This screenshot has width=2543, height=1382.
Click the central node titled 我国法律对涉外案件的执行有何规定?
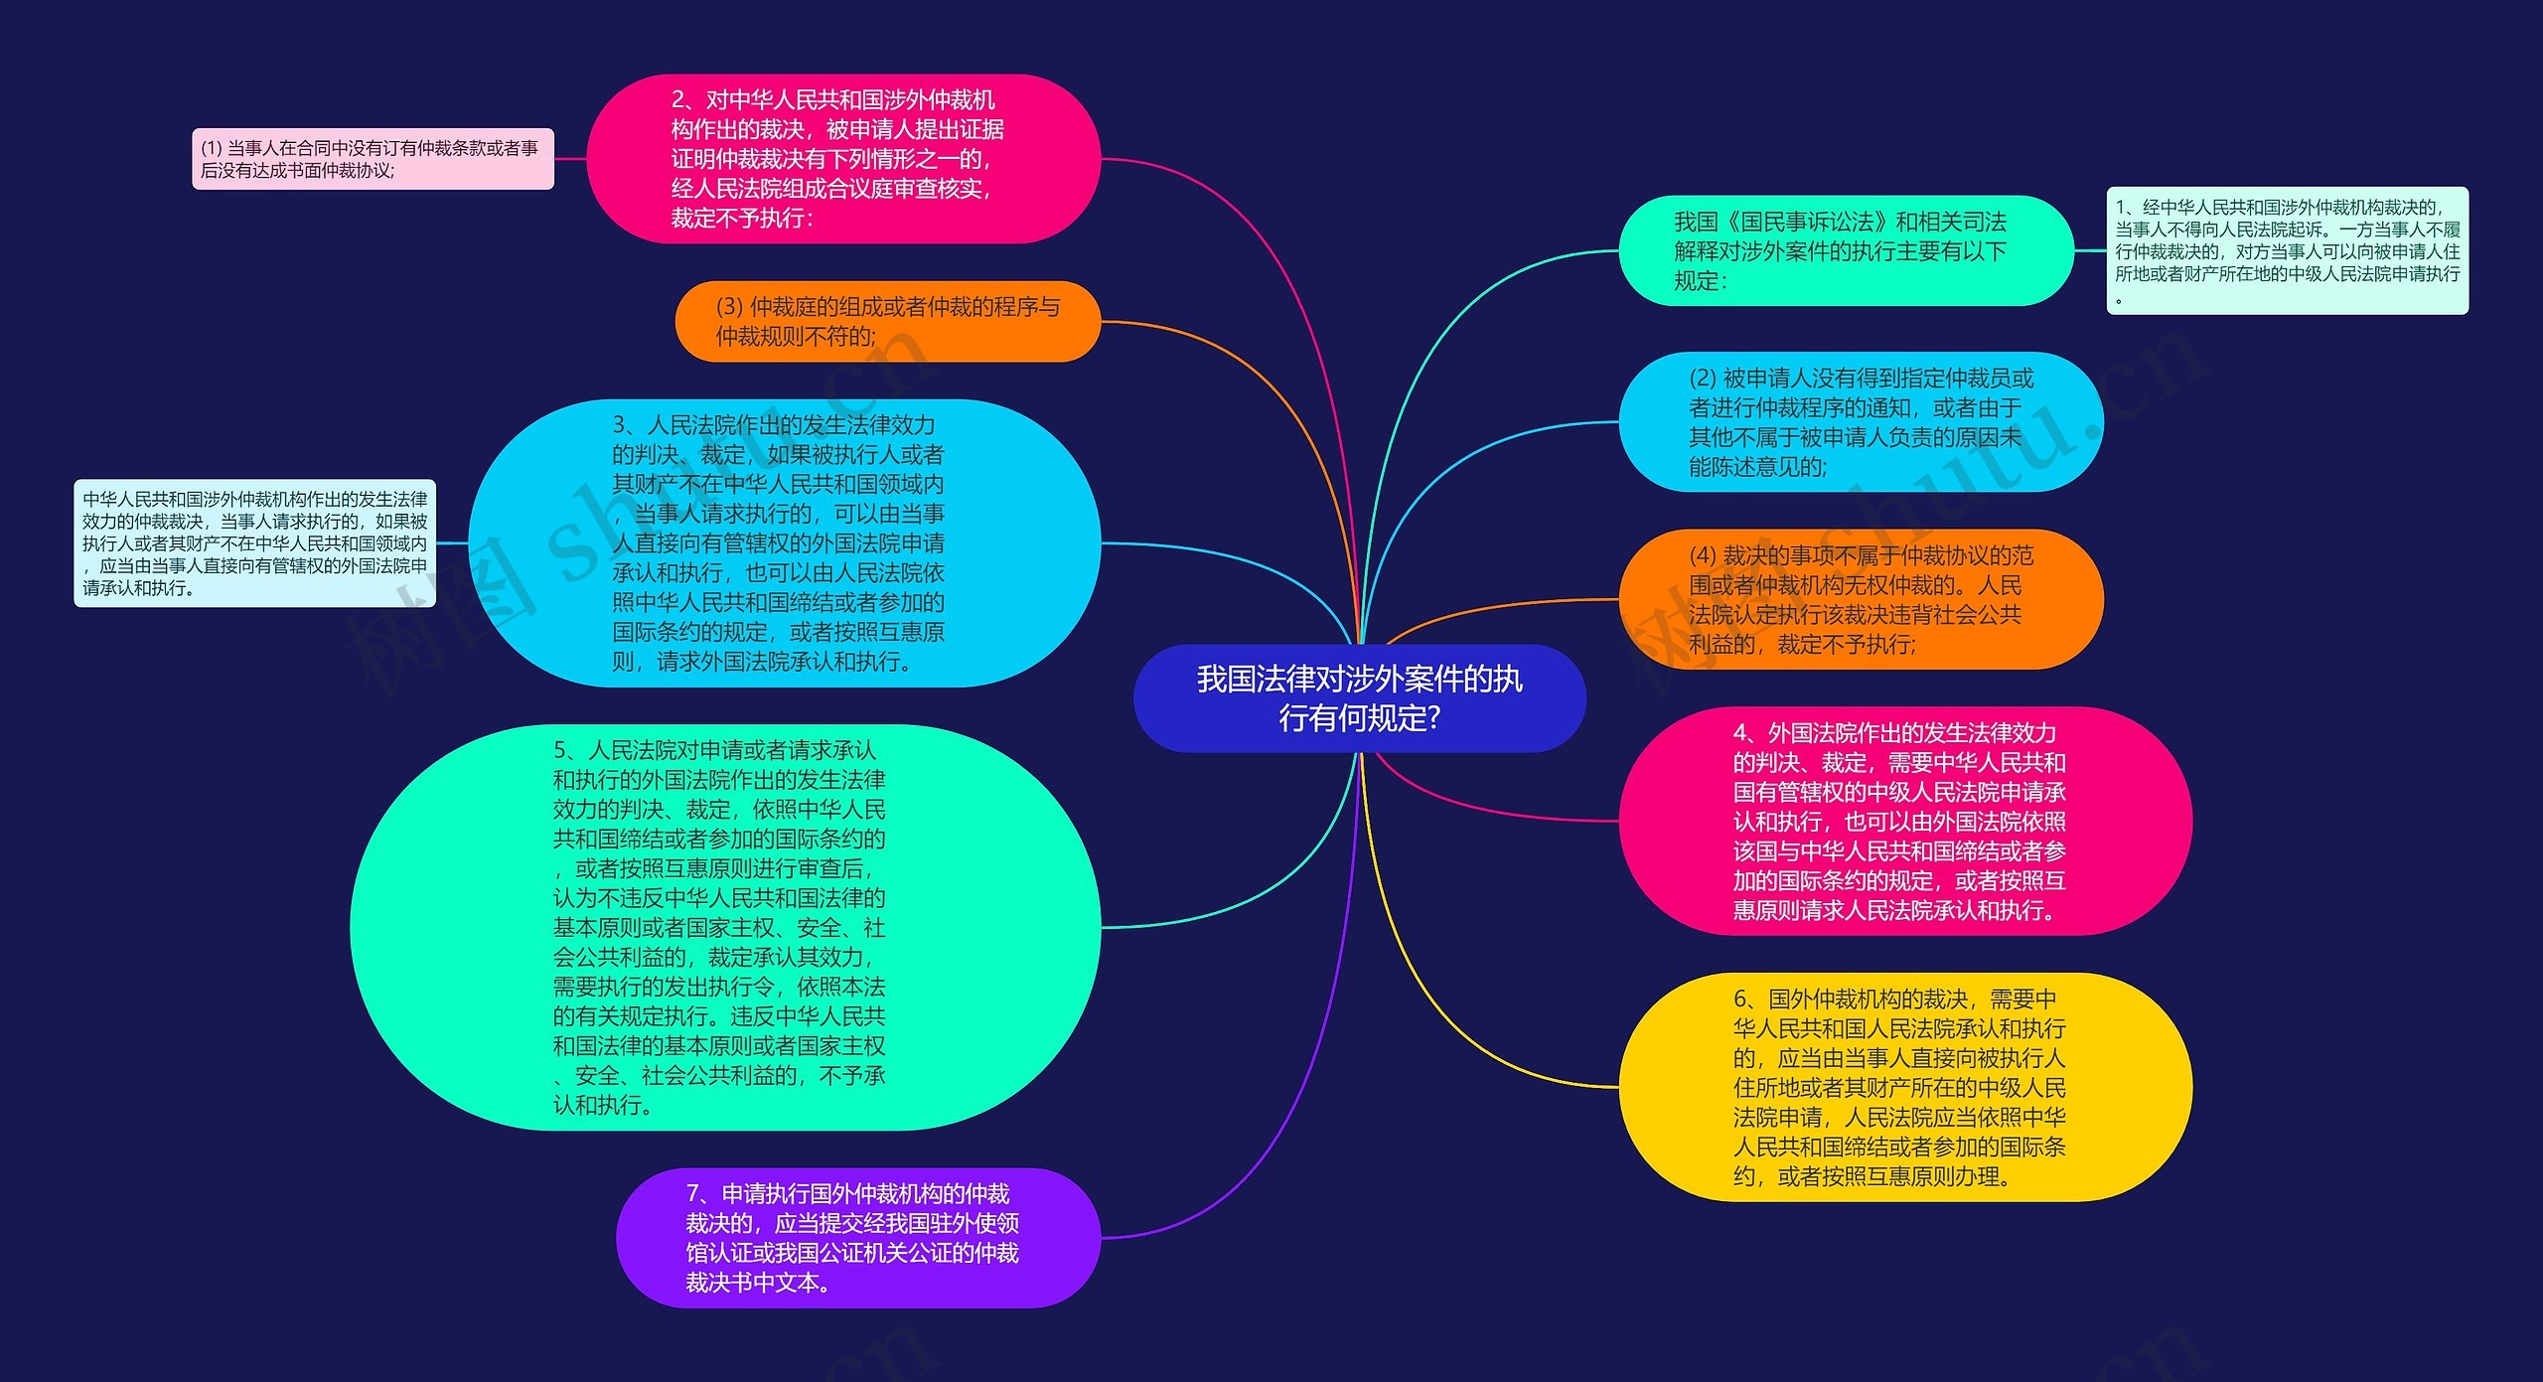pos(1358,697)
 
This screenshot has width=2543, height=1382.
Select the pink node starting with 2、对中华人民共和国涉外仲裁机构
pos(842,159)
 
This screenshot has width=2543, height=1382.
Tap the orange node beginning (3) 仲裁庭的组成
pos(887,321)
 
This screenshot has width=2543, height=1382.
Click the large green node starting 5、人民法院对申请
pos(724,927)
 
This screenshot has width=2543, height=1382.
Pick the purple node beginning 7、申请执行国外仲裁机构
pos(857,1237)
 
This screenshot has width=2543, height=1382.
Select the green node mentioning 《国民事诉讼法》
pos(1845,250)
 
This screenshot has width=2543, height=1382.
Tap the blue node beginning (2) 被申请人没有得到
pos(1860,422)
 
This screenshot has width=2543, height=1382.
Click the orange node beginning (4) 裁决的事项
pos(1860,599)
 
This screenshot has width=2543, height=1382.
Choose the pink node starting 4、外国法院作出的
pos(1904,821)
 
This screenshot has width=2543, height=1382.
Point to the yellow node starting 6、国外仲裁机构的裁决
pos(1904,1087)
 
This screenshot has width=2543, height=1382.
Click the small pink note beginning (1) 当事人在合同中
pos(373,159)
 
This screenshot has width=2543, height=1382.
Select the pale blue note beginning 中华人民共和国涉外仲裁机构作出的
pos(254,543)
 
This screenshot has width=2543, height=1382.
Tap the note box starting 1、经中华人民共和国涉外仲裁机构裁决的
pos(2287,250)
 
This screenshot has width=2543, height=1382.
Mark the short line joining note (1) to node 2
pos(570,159)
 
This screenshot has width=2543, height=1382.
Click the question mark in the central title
pos(1432,717)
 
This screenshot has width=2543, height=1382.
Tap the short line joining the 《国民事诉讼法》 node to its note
pos(2090,250)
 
